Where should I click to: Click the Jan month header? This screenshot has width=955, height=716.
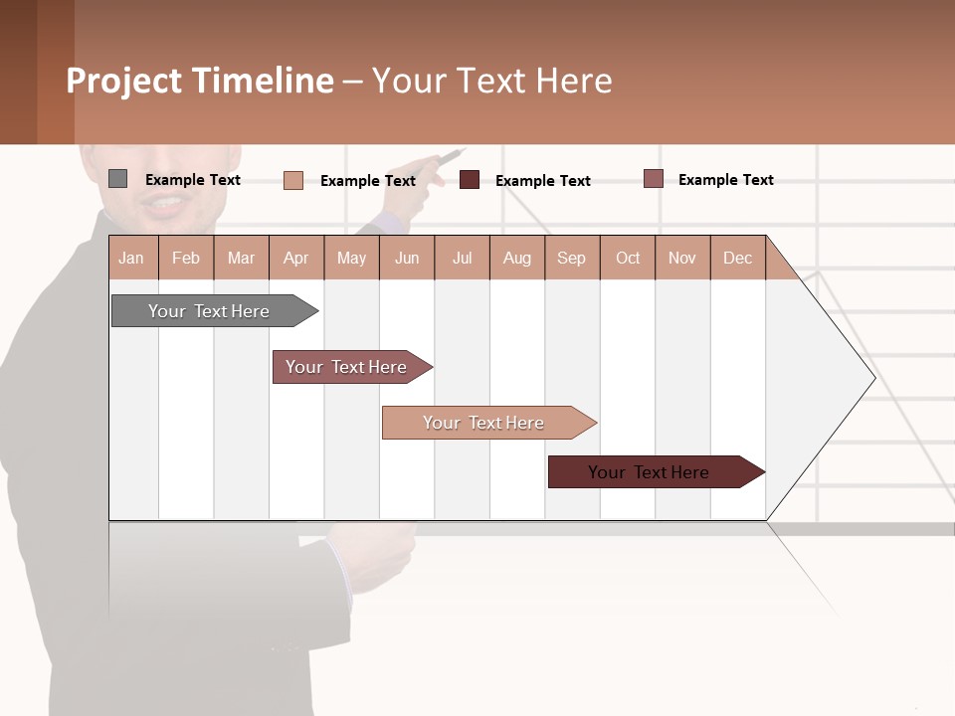132,258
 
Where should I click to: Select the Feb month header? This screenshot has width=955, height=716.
186,258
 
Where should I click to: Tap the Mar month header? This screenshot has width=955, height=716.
241,258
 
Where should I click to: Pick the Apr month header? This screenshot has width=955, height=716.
296,258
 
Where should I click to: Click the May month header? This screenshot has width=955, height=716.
351,258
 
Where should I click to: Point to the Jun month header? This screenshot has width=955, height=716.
407,258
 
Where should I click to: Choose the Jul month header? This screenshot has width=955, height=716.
462,258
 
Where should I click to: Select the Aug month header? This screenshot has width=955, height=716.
517,258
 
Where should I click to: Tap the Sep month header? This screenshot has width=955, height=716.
572,258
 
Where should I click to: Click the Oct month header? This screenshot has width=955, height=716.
628,258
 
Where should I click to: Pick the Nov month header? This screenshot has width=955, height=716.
682,258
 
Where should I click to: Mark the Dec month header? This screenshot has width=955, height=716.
738,258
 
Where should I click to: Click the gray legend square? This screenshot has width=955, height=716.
118,179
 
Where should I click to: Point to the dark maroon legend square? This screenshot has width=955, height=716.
470,180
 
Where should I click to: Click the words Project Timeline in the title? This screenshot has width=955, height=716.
200,81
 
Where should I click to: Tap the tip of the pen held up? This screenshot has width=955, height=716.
464,150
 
